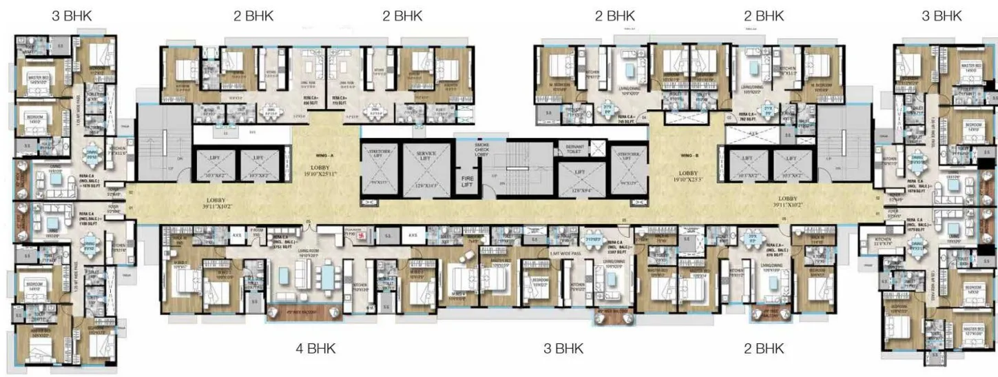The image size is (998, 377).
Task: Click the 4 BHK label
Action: [316, 348]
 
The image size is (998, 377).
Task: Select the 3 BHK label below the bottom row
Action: [564, 348]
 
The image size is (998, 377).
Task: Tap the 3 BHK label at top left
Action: [72, 17]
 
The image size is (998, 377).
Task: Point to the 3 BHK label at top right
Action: [942, 17]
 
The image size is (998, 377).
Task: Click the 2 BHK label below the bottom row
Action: [764, 348]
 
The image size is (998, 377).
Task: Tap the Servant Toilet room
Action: [575, 151]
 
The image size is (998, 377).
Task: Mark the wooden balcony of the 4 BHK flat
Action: [304, 310]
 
